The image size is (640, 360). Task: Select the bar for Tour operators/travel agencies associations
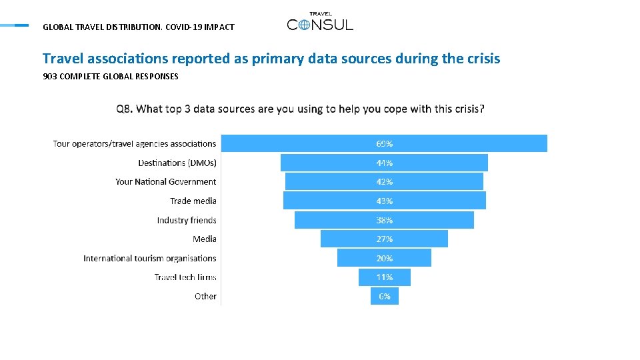(384, 143)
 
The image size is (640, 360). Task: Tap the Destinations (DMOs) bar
(384, 163)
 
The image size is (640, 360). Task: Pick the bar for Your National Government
(384, 181)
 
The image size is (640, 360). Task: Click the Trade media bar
(385, 201)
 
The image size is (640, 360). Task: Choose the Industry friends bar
(384, 220)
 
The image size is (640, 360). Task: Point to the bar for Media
(384, 239)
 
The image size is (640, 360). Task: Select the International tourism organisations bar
(384, 258)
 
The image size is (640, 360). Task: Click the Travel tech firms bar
(385, 277)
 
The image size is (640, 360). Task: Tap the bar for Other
(385, 296)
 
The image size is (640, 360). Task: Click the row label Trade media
(193, 201)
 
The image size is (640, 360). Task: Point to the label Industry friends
(187, 220)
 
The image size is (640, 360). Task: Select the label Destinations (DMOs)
(177, 163)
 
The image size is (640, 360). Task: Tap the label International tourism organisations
(150, 259)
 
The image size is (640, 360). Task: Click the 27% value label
(384, 239)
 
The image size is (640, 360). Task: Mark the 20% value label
(384, 259)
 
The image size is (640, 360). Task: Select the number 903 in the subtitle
(50, 76)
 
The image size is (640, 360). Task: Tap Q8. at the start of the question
(125, 109)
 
